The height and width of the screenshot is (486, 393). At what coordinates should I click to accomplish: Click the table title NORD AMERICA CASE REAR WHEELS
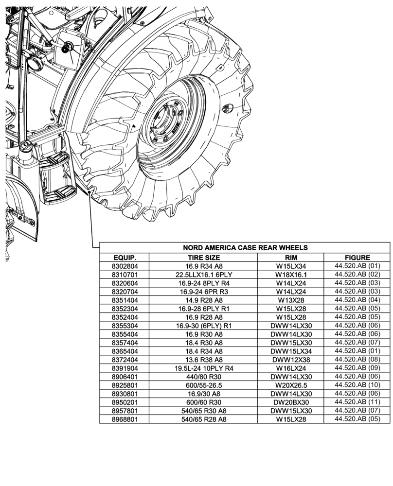point(245,247)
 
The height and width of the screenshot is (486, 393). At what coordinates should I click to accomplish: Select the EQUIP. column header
point(125,258)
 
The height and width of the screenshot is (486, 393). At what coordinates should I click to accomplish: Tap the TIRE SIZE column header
point(204,258)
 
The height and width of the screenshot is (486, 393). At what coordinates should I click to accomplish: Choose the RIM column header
point(291,258)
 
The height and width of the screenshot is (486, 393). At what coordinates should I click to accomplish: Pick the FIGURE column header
point(357,258)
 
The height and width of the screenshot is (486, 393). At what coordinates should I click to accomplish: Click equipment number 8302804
point(125,266)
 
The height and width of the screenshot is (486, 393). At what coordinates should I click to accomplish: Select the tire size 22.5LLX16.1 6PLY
point(204,275)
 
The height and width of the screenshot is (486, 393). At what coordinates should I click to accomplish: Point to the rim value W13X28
point(291,300)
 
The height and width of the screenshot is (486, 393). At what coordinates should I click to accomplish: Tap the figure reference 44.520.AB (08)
point(357,360)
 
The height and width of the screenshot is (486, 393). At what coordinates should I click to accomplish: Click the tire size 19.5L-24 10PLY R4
point(204,368)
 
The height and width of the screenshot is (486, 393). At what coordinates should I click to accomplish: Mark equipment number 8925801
point(125,385)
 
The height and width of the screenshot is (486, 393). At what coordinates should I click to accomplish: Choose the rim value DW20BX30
point(291,402)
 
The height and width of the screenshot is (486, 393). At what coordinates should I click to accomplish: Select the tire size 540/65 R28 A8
point(204,419)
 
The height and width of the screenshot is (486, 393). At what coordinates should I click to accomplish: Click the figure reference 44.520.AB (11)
point(357,402)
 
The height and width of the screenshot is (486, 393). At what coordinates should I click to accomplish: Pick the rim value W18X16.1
point(291,275)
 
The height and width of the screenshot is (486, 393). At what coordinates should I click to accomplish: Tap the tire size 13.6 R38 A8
point(204,360)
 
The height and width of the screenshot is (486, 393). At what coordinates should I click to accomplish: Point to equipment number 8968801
point(125,419)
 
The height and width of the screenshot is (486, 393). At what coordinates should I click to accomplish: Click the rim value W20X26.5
point(291,385)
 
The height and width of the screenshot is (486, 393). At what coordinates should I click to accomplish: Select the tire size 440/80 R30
point(204,377)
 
